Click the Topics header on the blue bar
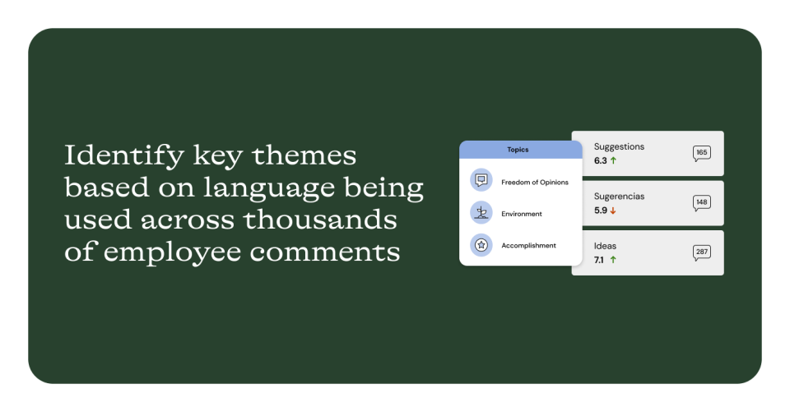pos(518,150)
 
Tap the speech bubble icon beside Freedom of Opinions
pos(481,180)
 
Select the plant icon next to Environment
pos(481,212)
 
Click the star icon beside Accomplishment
pos(481,245)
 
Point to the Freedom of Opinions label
pos(535,183)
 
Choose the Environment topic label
pos(522,214)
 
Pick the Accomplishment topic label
pos(528,246)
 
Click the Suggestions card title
pos(619,147)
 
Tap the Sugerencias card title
pos(619,197)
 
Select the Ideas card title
pos(605,246)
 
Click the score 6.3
pos(600,160)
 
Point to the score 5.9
pos(600,211)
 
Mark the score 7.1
pos(598,260)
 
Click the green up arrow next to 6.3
pos(613,160)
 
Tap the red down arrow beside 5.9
pos(613,211)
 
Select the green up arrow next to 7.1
pos(613,260)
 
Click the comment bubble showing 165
pos(701,153)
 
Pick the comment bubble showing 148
pos(701,203)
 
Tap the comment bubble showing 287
pos(701,252)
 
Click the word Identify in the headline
pos(124,155)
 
